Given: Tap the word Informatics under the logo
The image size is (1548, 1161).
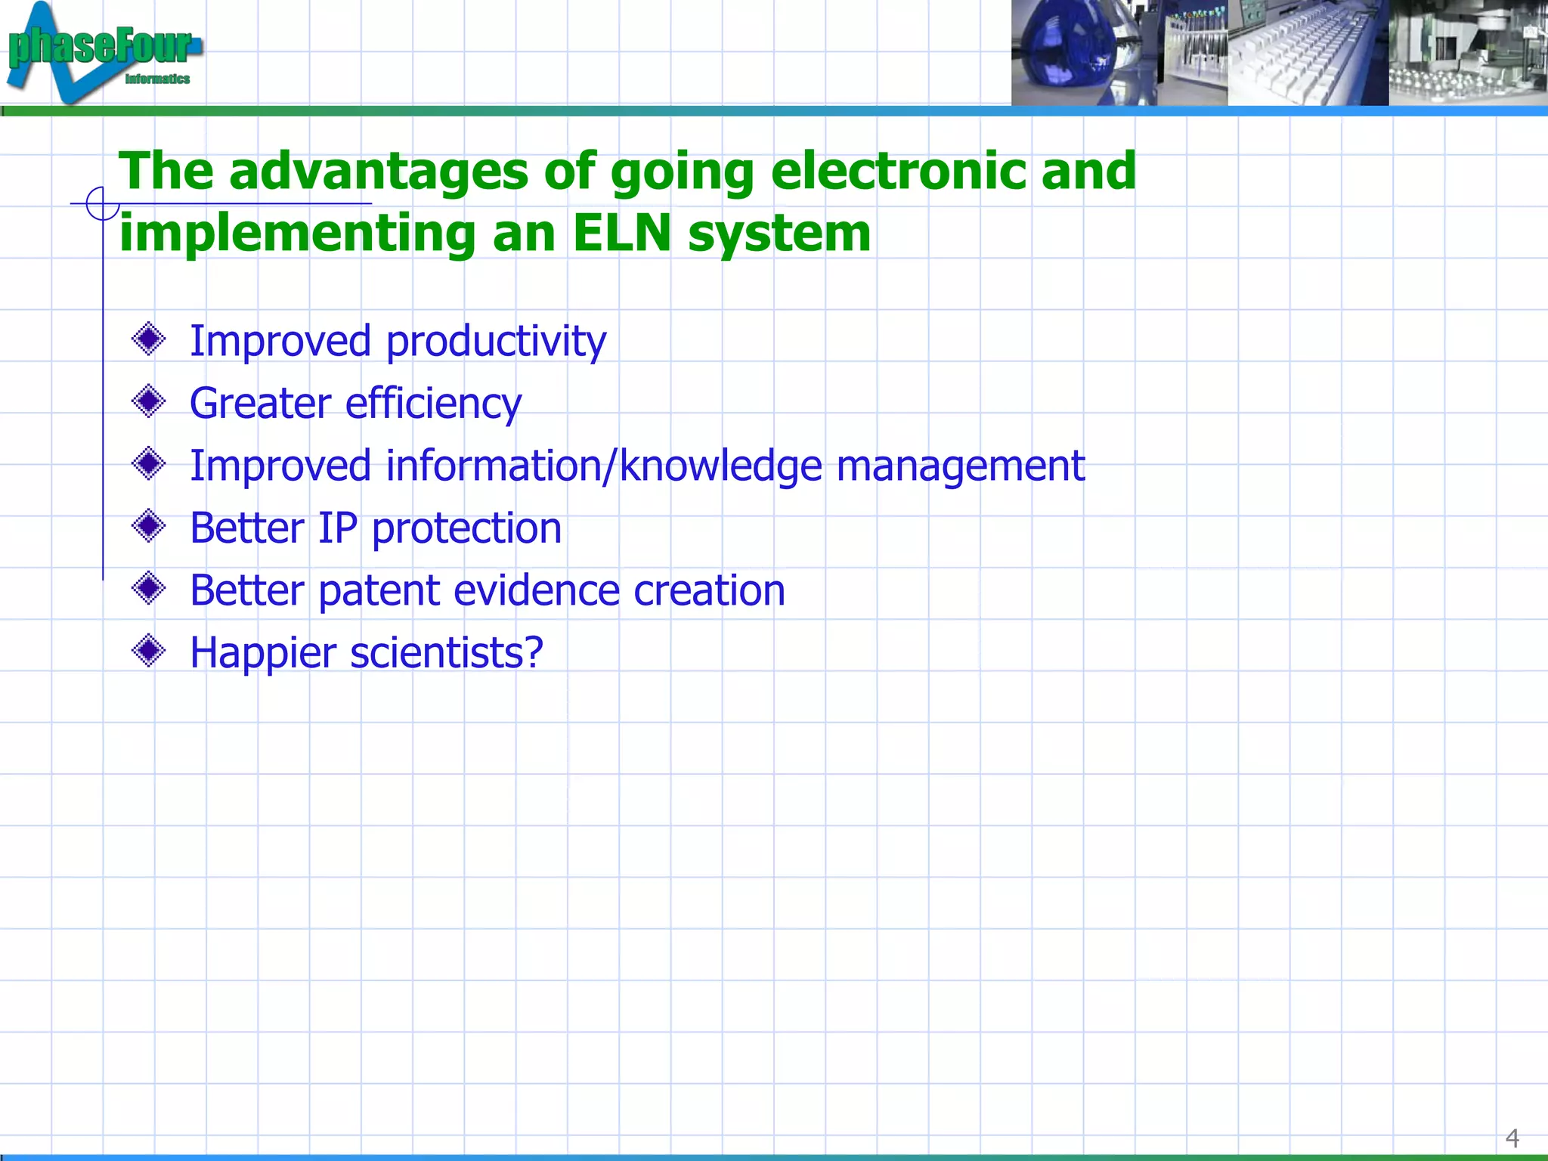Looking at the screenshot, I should (157, 79).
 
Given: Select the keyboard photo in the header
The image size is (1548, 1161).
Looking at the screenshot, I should (1308, 53).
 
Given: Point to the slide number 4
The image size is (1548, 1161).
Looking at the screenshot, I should (1512, 1138).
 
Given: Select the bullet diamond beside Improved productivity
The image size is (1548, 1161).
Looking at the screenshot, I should (148, 339).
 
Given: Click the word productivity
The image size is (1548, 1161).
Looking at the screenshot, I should (496, 342).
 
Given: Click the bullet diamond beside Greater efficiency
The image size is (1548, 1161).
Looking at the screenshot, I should (148, 401).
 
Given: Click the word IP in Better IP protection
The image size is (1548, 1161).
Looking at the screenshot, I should (337, 528).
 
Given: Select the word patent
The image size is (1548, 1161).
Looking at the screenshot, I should (379, 591).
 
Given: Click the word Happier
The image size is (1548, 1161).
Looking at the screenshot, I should (262, 653).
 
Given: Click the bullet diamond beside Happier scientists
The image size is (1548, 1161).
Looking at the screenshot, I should (148, 650).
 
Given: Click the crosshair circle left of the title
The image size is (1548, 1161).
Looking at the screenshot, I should (101, 203).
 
